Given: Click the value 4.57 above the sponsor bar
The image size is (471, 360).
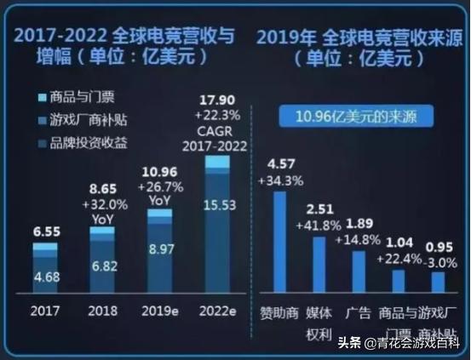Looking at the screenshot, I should pos(280,163).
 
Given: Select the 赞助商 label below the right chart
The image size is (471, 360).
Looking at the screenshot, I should pos(279,311).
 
